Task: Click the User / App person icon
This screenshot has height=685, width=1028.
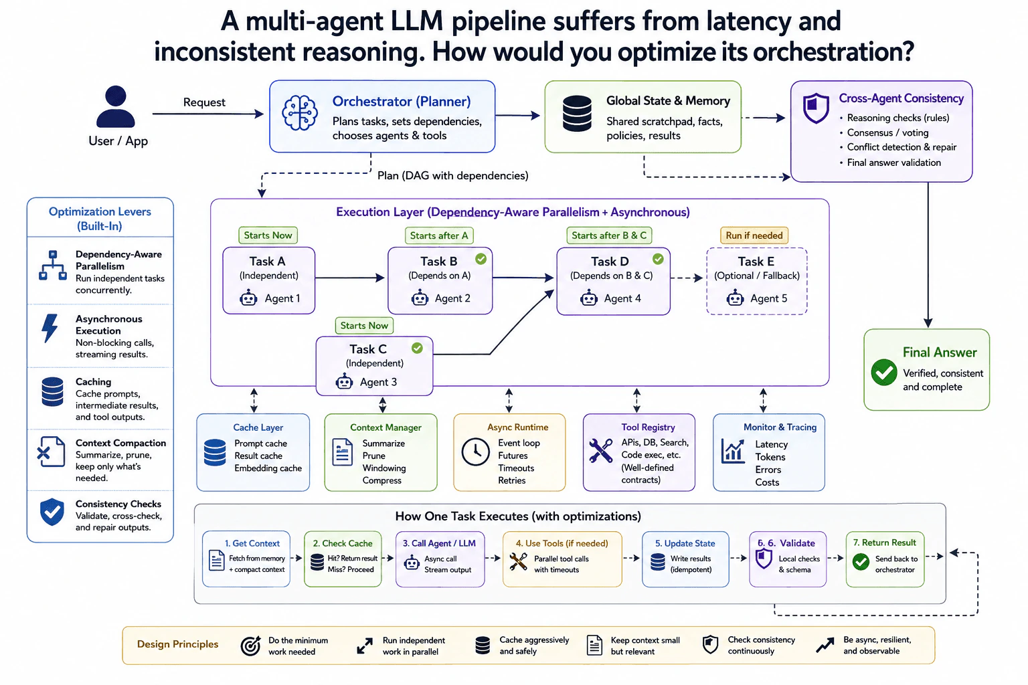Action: pos(116,106)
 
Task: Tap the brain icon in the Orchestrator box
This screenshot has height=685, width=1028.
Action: pos(300,113)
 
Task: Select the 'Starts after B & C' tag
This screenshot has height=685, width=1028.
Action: pos(609,235)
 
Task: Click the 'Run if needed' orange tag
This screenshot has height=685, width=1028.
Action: pos(754,235)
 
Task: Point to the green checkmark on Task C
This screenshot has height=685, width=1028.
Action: pos(417,349)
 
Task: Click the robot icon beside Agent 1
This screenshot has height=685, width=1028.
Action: pos(248,298)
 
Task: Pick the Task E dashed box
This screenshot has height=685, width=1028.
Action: pos(757,281)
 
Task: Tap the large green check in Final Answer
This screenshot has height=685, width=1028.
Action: pos(884,372)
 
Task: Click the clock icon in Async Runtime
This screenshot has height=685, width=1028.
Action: pos(475,452)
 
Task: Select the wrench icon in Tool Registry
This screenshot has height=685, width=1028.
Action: pos(600,451)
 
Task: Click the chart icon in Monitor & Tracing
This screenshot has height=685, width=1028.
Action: pos(733,451)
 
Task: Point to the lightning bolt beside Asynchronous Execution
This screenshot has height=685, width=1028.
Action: pos(50,328)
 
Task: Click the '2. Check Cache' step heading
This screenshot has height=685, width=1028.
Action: pos(343,543)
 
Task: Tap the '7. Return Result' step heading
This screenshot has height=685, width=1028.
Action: pos(884,543)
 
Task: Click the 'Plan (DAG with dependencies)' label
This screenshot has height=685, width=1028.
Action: pos(452,176)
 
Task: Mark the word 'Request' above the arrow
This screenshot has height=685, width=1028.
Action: pos(204,102)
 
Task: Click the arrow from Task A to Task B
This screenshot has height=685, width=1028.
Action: pos(350,278)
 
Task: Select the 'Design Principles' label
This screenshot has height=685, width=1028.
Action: pos(177,644)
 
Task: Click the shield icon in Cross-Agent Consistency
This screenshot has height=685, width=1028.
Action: pos(816,108)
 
